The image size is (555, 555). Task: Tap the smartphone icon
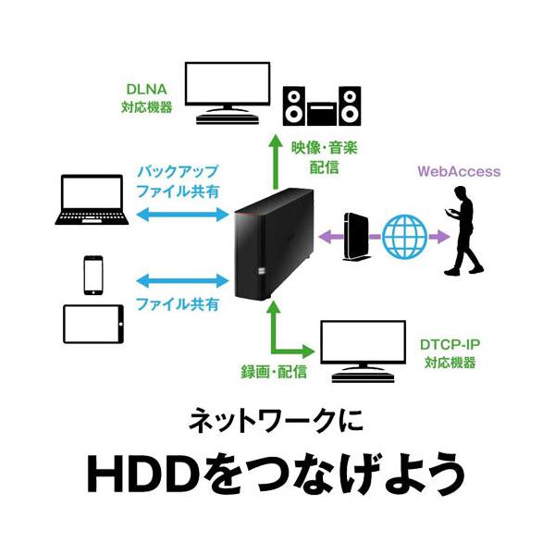(93, 274)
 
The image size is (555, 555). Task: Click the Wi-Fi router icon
(351, 235)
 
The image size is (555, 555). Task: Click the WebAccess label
(460, 171)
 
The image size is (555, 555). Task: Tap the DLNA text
(144, 89)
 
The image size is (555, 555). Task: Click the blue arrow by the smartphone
(181, 278)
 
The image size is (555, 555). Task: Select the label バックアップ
(178, 172)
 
